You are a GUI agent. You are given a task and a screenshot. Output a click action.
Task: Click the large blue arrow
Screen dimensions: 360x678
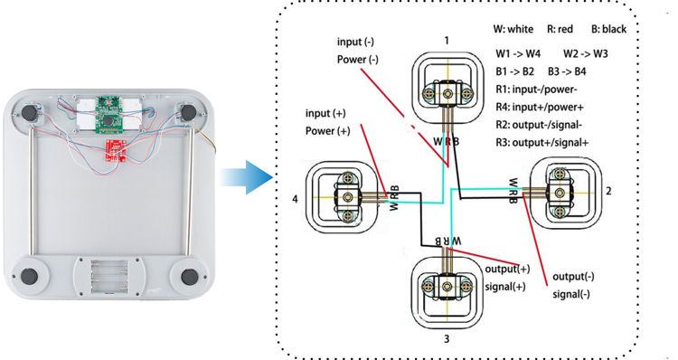(x=247, y=175)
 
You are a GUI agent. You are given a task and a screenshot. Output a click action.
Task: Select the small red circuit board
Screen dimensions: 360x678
(x=118, y=148)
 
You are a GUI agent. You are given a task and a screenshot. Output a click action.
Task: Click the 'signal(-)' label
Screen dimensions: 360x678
(x=572, y=294)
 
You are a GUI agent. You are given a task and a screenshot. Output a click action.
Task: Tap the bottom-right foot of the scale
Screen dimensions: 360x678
(x=190, y=276)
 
